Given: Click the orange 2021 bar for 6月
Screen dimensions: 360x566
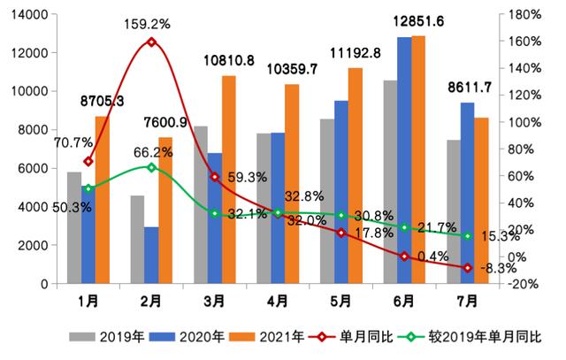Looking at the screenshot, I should click(418, 159).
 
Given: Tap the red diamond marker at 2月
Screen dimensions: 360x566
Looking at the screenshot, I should click(151, 42).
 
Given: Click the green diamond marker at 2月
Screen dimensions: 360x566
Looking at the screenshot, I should click(151, 167).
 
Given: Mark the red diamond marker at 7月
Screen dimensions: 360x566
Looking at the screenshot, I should click(467, 267).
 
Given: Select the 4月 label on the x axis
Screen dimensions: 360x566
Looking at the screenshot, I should click(279, 301).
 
